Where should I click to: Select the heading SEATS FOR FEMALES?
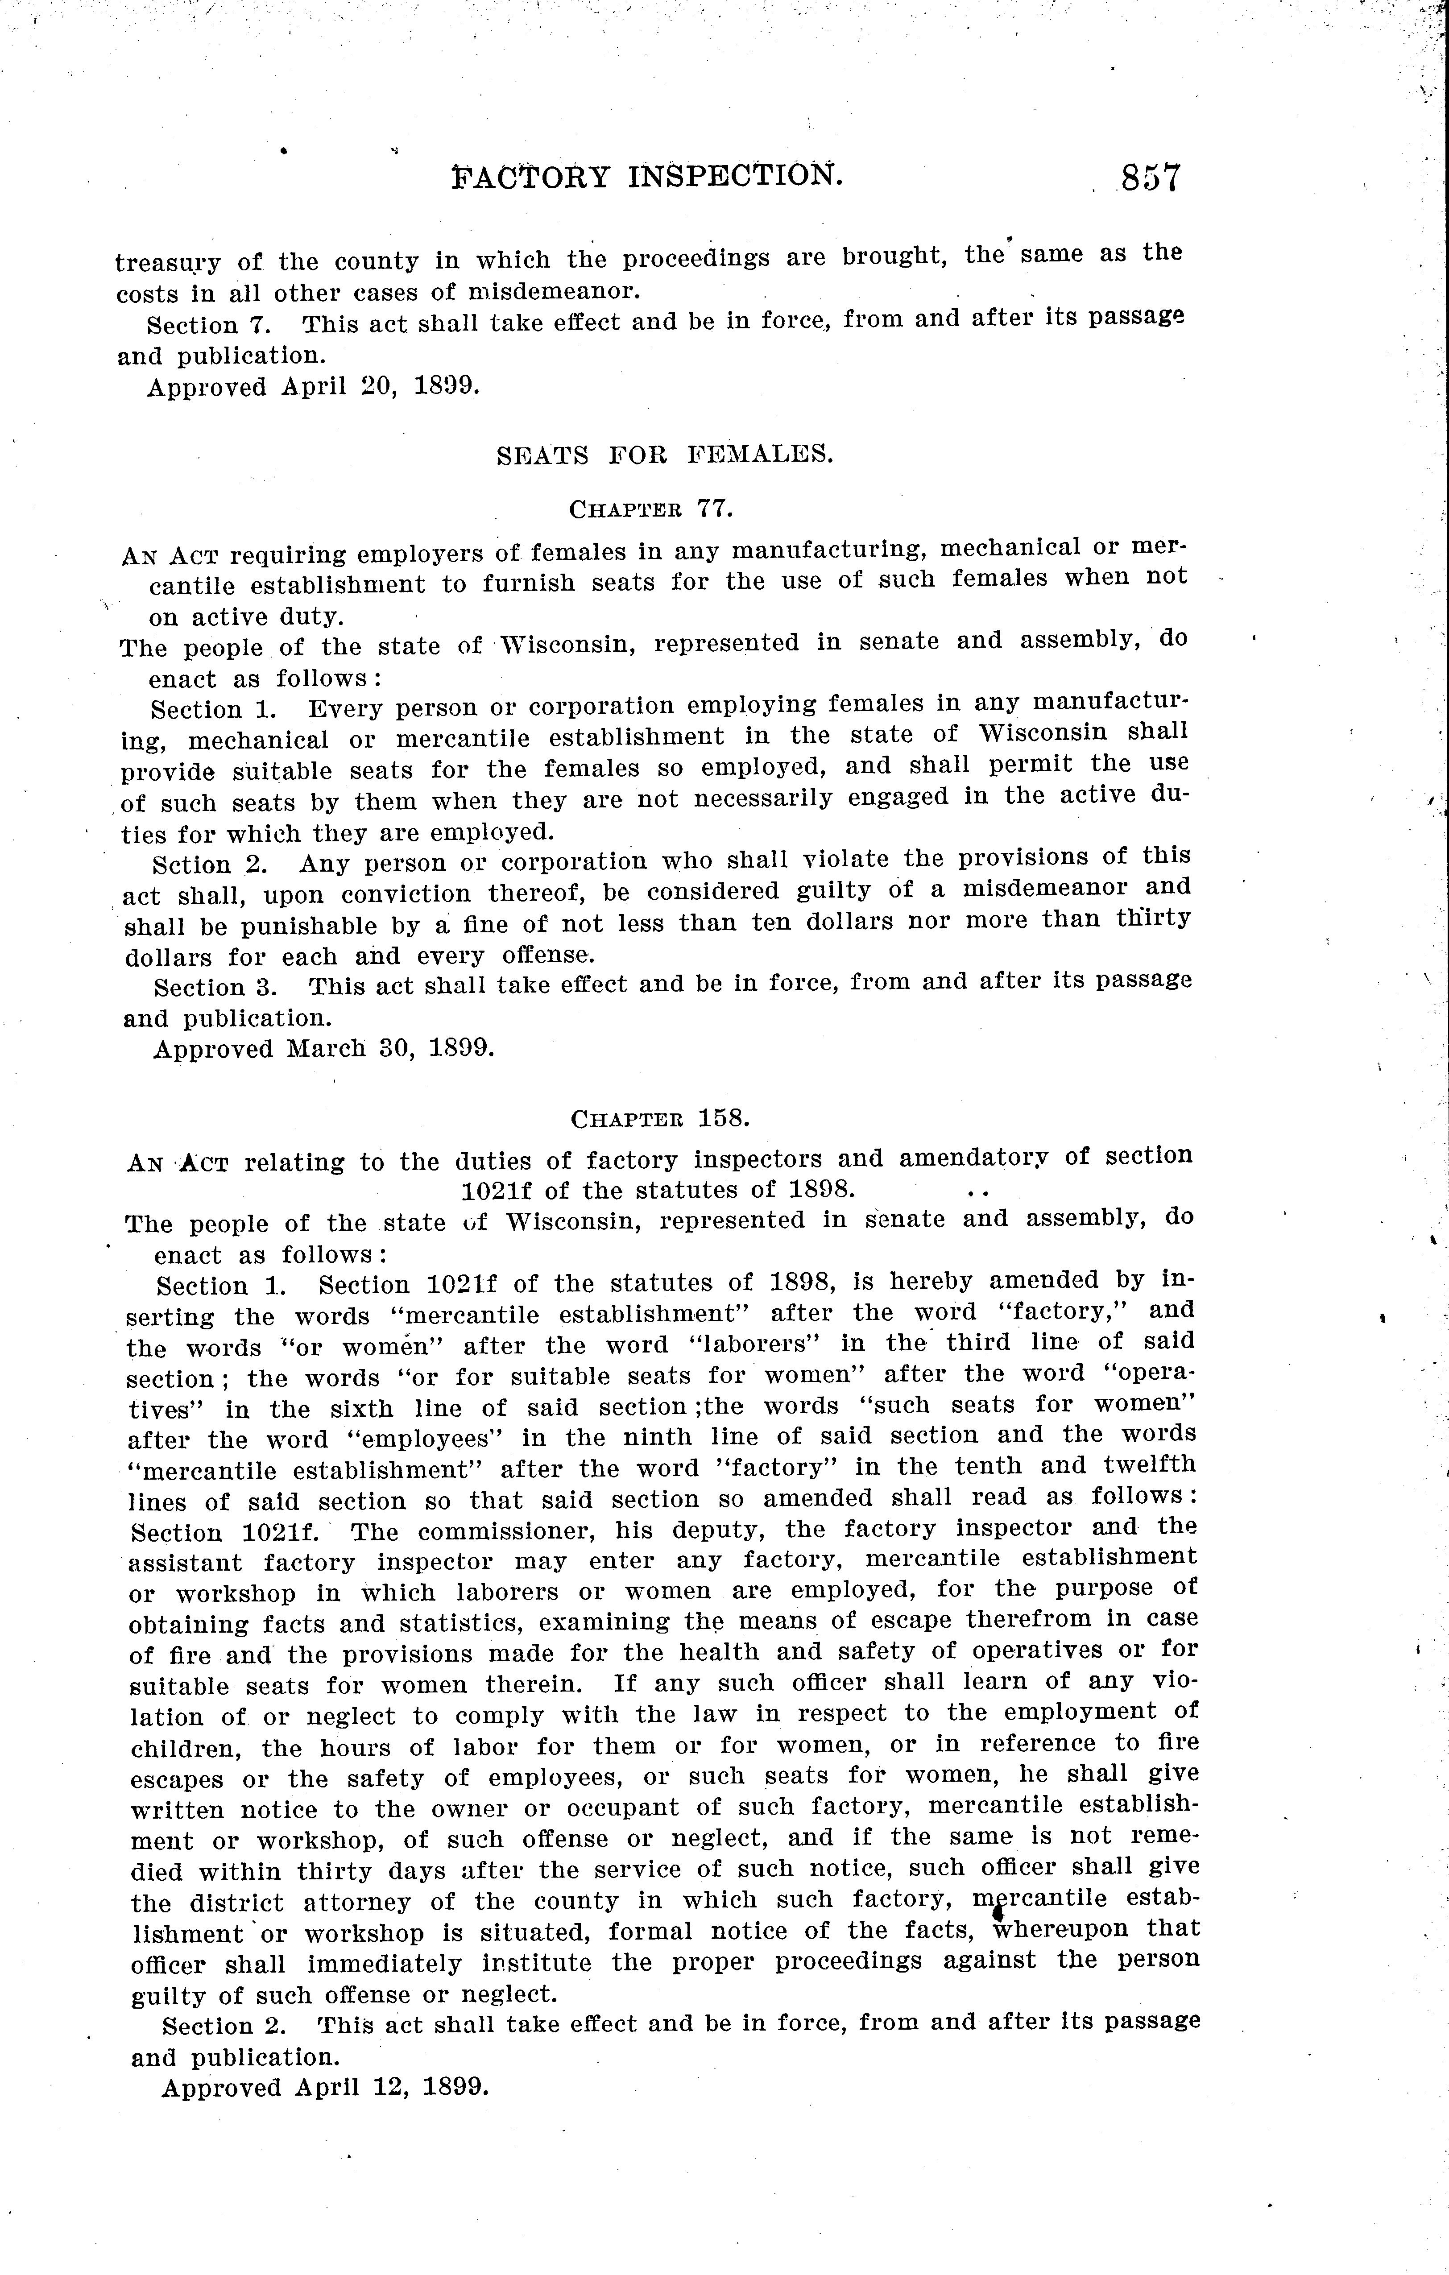pyautogui.click(x=665, y=455)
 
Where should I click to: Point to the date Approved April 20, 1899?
pyautogui.click(x=313, y=387)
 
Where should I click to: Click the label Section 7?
pyautogui.click(x=209, y=325)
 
